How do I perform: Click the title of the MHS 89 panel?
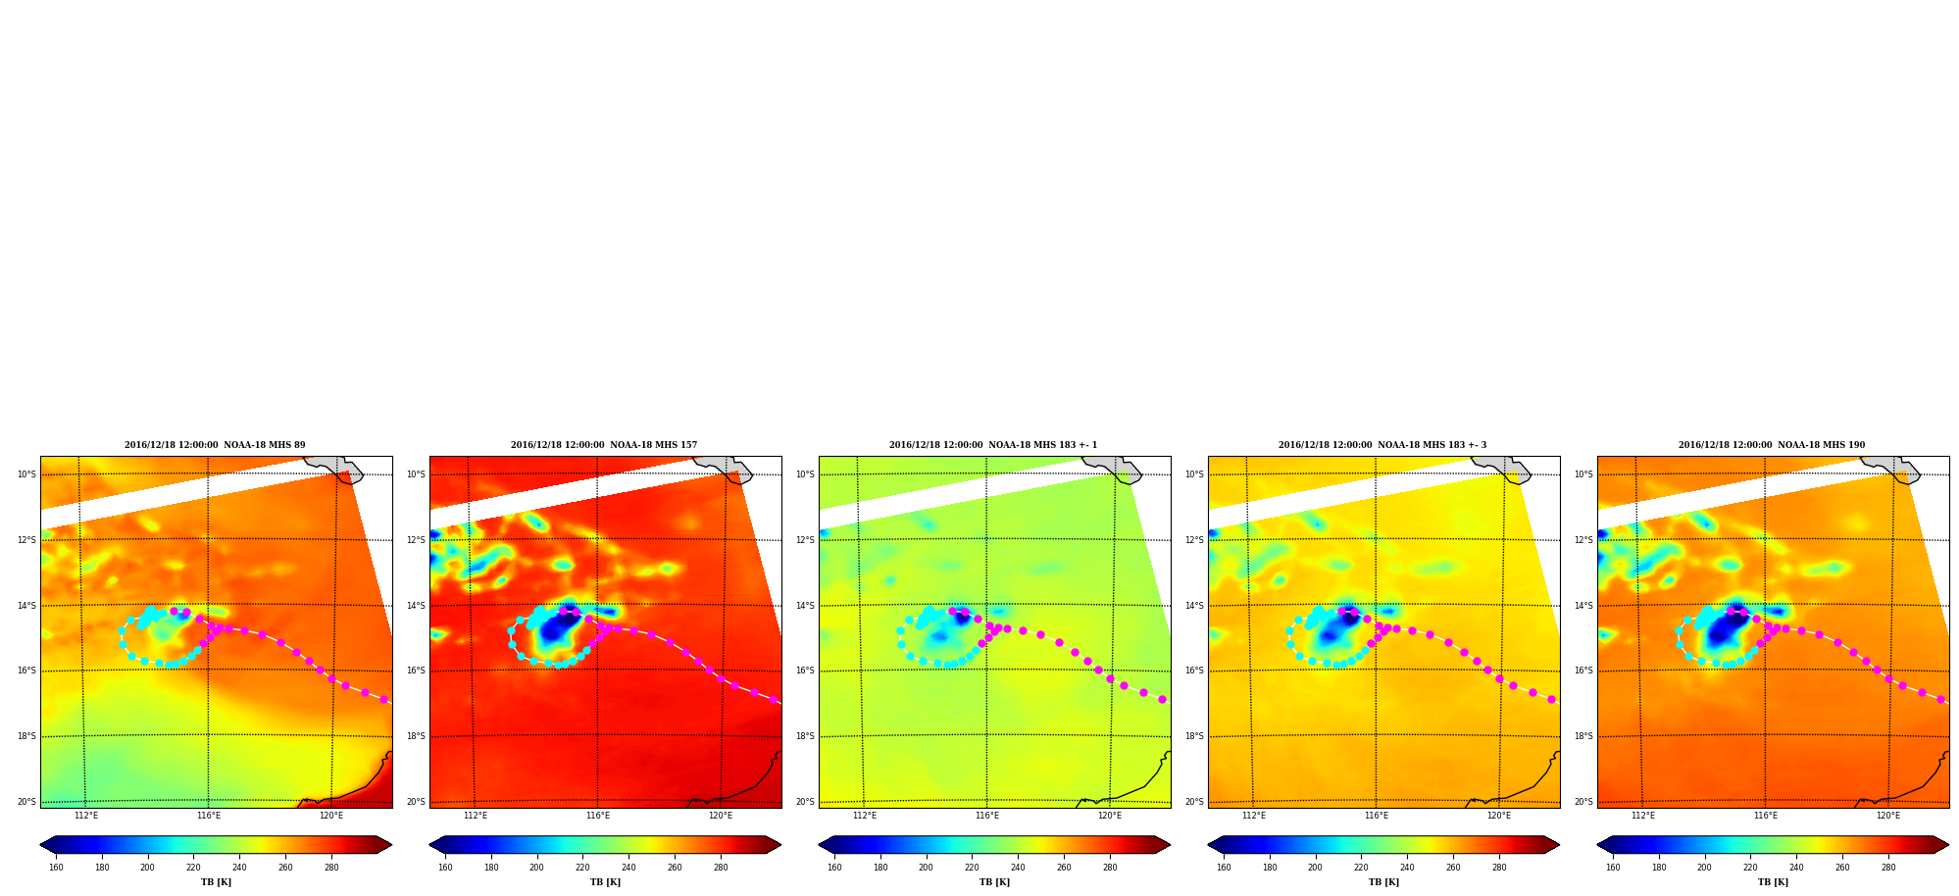click(215, 445)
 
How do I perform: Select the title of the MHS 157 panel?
click(604, 445)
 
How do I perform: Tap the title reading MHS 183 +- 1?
click(993, 445)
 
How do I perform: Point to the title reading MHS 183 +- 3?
click(1382, 445)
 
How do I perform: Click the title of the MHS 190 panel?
click(1772, 445)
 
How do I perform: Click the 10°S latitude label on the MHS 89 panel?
click(26, 474)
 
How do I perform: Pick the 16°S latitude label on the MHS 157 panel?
click(416, 671)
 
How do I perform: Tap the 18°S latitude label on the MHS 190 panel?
click(1583, 736)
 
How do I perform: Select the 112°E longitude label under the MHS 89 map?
click(86, 816)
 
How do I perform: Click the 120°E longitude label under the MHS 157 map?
click(721, 816)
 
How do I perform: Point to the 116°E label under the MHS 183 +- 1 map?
click(987, 816)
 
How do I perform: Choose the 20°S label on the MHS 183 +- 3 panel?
click(1194, 802)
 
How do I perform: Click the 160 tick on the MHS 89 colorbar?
click(56, 867)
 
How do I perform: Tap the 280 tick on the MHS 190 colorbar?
click(1888, 867)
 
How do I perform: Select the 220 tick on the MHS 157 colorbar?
click(582, 867)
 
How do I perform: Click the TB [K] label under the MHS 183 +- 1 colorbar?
click(994, 882)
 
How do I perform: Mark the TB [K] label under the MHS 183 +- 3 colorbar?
click(1383, 882)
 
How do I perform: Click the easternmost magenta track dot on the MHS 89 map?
click(384, 699)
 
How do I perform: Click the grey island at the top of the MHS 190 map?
click(1892, 469)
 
